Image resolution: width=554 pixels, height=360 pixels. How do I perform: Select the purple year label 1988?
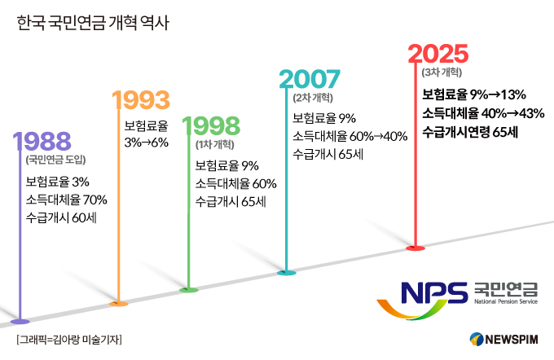click(x=42, y=140)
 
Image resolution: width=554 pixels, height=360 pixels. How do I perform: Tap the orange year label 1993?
click(x=140, y=100)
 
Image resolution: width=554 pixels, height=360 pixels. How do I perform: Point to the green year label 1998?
click(x=211, y=126)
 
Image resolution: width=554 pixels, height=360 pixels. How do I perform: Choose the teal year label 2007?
click(x=310, y=80)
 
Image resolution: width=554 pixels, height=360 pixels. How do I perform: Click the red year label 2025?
click(x=438, y=54)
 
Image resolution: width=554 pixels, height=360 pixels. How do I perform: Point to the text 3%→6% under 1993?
click(x=146, y=142)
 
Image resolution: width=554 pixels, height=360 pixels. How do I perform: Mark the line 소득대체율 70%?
click(x=66, y=199)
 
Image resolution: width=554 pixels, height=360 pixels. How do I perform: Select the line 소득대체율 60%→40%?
click(x=350, y=136)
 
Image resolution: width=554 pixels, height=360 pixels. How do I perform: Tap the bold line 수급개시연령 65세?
click(x=470, y=131)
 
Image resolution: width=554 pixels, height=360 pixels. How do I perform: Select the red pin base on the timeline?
click(x=416, y=248)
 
